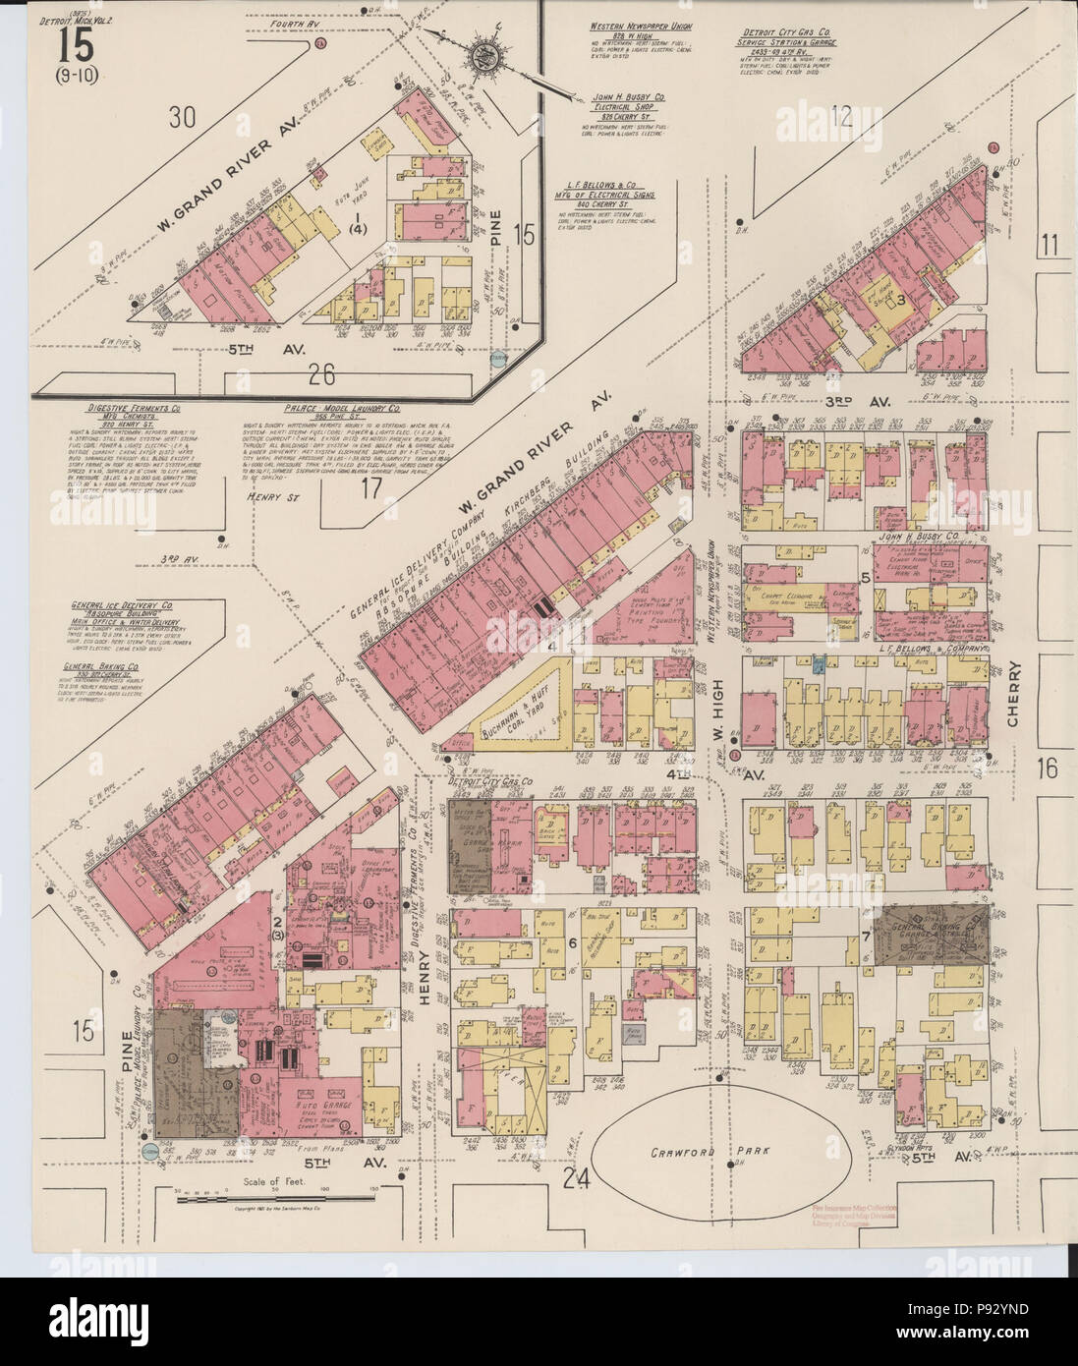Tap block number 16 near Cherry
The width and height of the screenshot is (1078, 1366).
pos(1049,768)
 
